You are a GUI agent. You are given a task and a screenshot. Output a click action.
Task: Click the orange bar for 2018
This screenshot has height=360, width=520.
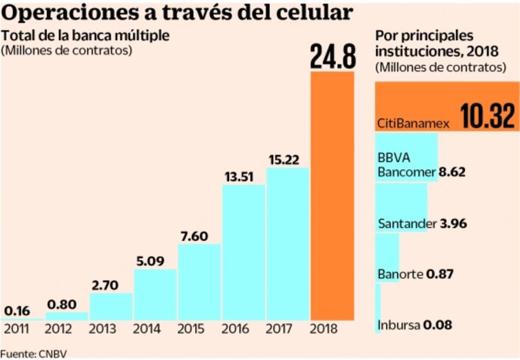pos(332,196)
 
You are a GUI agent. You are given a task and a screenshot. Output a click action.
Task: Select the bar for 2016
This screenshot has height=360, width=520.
pos(243,252)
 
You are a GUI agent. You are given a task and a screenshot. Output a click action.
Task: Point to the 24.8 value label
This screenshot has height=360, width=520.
pos(332,55)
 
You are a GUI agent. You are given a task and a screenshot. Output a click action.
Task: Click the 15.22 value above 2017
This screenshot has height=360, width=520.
pos(288,159)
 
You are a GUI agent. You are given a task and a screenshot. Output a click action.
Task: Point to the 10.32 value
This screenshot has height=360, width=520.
pos(487,116)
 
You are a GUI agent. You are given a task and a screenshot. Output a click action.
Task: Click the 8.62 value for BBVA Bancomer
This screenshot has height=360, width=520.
pos(453,172)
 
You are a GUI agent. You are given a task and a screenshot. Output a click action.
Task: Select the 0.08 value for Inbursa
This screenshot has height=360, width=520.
pos(437,325)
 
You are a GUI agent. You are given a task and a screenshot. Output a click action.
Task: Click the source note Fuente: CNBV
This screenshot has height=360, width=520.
pos(30,353)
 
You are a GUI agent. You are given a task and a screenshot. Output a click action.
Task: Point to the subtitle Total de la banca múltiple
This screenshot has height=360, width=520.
pos(85,35)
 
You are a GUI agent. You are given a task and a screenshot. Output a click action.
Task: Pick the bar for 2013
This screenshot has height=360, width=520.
pos(111,306)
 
